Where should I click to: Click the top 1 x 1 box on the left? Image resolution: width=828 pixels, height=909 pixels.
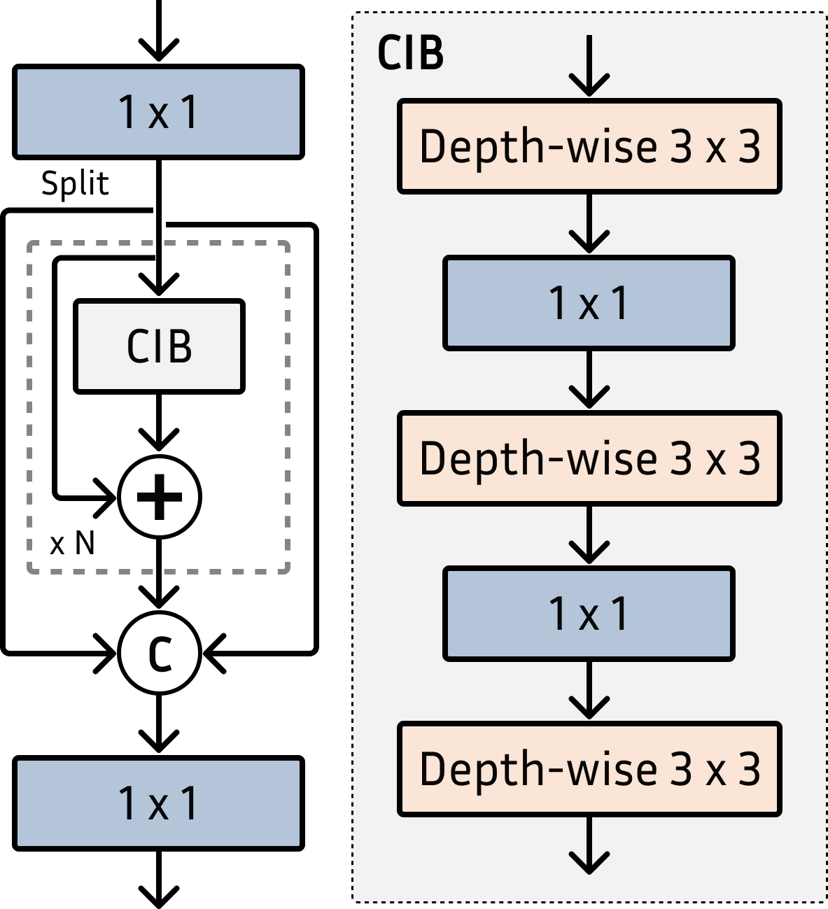[x=158, y=112]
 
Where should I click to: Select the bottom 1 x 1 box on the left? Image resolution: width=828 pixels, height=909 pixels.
[x=158, y=803]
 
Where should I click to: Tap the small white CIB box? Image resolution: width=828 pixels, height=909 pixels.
[x=159, y=346]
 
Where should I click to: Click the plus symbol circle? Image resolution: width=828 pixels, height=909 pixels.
[x=160, y=497]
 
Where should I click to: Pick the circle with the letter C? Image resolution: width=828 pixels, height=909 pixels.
[x=160, y=653]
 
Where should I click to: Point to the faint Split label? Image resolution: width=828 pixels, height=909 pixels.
[x=75, y=183]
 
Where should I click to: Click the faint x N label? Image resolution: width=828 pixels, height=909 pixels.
[x=72, y=543]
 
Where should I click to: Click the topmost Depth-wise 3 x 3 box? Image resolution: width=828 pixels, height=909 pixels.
[x=589, y=146]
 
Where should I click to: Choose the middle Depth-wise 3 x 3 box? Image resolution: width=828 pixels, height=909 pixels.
[x=589, y=458]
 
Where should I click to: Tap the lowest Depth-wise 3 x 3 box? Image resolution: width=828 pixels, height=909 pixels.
[x=589, y=769]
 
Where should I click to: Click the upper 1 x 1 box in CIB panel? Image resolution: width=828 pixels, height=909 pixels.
[x=589, y=303]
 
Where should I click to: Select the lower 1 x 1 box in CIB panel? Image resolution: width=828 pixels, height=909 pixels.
[x=589, y=614]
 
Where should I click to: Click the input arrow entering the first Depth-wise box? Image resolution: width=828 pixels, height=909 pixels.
[x=589, y=66]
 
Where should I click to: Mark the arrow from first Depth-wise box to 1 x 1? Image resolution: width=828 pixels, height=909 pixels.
[x=589, y=224]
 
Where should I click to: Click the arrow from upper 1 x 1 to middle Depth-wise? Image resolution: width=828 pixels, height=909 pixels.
[x=589, y=379]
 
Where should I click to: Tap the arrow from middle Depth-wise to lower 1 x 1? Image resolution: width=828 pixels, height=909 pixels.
[x=589, y=535]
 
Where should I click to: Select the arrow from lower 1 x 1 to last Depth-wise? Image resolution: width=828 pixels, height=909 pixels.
[x=589, y=691]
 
